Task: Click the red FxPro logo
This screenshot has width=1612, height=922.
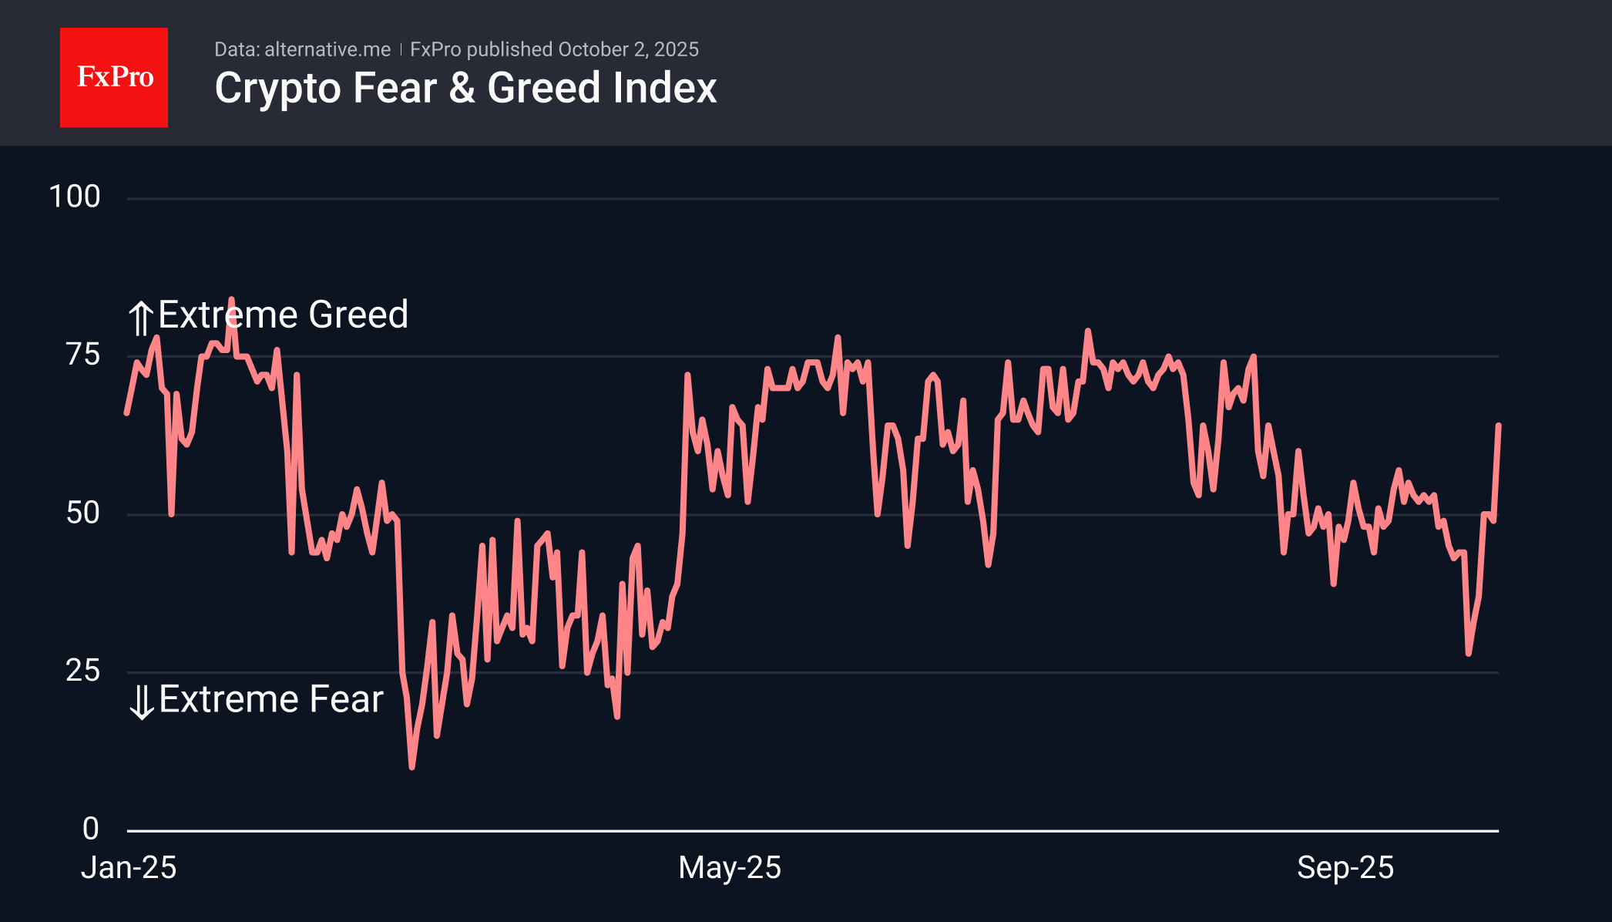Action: [114, 77]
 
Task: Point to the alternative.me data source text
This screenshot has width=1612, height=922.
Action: [327, 49]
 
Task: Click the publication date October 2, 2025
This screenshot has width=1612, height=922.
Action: [628, 49]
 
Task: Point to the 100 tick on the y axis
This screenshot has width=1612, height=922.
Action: [75, 197]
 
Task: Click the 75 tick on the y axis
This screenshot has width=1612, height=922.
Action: [83, 355]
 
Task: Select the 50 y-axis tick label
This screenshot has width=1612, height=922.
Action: [83, 513]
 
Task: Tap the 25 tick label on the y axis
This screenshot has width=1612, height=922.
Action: [83, 671]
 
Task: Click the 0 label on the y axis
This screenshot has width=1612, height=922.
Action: [91, 829]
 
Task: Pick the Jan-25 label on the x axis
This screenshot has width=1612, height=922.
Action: [129, 868]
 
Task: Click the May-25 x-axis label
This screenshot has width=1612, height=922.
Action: [730, 868]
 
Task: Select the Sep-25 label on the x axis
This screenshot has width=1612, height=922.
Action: [1345, 868]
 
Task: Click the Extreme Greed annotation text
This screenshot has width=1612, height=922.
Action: [283, 315]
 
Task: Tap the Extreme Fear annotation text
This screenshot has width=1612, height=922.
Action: [271, 699]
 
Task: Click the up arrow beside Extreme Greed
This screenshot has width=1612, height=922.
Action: [140, 318]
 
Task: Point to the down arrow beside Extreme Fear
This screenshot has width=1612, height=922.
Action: [142, 702]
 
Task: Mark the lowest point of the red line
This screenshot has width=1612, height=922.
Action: [411, 767]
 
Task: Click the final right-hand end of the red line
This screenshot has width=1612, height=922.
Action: [1498, 426]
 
